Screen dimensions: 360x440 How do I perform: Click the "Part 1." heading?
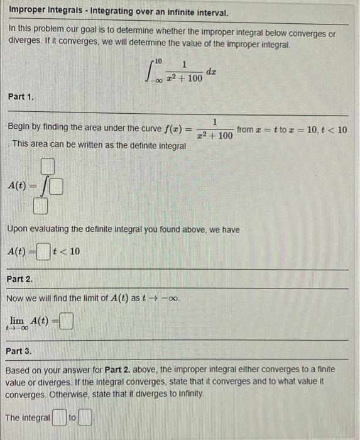tap(21, 97)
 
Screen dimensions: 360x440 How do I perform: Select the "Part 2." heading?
tap(21, 279)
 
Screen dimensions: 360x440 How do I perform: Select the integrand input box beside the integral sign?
tap(57, 186)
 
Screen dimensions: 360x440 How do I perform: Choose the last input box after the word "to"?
tap(86, 417)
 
